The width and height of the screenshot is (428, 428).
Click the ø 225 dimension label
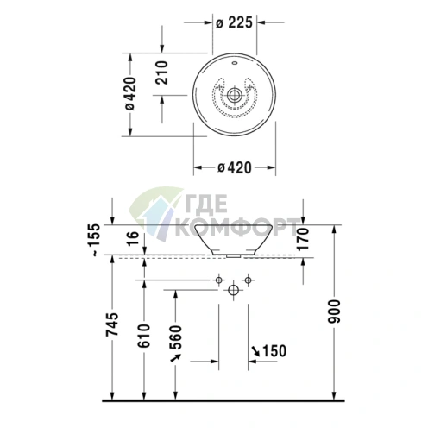coord(234,22)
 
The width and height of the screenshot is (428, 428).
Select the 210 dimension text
coord(161,72)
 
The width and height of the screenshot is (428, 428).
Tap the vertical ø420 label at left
coord(129,94)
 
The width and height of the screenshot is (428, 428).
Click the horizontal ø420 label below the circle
coord(235,167)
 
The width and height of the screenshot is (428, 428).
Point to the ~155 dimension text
coord(95,240)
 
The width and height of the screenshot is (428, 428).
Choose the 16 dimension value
coord(133,238)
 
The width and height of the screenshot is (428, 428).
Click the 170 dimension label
coord(303,238)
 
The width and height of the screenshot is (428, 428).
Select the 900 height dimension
coord(335,312)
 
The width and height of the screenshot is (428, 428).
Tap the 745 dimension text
coord(112,324)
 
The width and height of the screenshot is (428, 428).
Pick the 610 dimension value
coord(143,336)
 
